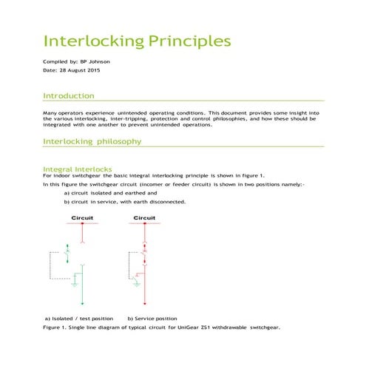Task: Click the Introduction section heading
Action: click(x=68, y=96)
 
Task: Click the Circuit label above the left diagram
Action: click(x=81, y=217)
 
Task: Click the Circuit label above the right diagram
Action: click(x=144, y=217)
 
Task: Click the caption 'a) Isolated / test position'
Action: click(x=79, y=318)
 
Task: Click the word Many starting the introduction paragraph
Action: click(x=51, y=112)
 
